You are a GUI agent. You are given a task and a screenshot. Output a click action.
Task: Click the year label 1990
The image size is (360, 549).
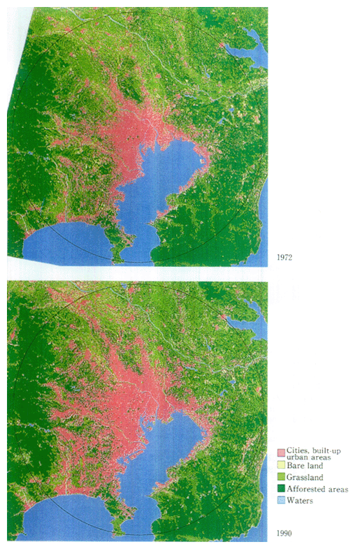(285, 534)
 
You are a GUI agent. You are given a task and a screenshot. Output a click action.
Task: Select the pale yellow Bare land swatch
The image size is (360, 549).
(281, 466)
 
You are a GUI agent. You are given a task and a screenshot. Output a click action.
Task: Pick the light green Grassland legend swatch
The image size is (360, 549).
(281, 477)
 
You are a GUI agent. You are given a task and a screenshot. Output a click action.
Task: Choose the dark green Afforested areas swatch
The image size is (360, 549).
(281, 489)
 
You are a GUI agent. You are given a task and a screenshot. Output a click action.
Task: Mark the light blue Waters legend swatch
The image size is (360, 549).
(281, 500)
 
